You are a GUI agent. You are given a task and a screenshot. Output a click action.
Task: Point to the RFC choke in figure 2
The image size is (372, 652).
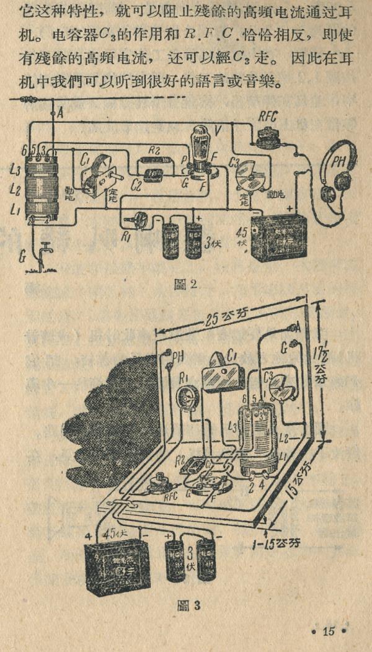[268, 133]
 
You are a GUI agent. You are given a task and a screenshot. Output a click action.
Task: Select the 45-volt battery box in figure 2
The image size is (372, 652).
[279, 238]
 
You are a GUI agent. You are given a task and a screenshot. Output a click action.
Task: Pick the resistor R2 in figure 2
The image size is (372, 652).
[154, 161]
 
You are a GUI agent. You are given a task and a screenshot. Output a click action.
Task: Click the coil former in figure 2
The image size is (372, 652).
[42, 184]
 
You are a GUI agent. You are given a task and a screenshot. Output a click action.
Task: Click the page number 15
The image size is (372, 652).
[328, 631]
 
